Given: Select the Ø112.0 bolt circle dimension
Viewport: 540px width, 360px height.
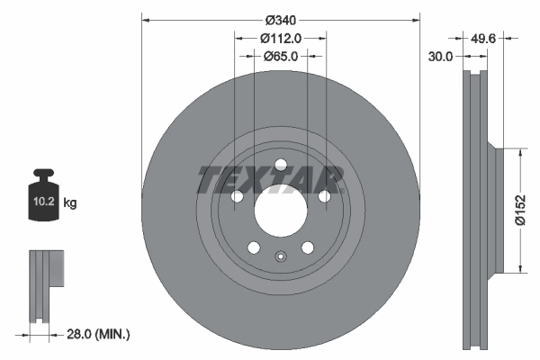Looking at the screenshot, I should [280, 38].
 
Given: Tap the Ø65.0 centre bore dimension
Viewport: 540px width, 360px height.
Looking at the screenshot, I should [280, 56].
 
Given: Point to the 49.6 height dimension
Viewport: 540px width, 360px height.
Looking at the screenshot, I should [487, 38].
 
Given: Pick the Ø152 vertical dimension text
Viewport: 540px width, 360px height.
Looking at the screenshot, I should [519, 211].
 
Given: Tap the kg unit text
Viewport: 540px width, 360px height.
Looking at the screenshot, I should [70, 203].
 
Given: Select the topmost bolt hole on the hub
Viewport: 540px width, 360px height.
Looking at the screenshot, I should [280, 164].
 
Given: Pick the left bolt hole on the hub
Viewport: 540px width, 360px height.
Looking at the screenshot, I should [238, 197].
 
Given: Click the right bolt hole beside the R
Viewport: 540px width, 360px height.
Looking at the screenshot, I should [323, 197].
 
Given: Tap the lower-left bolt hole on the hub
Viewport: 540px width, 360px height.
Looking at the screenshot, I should [253, 247].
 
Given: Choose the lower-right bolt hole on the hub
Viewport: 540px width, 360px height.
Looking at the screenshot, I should [307, 247].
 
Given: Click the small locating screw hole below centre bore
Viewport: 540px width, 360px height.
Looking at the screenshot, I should [280, 256].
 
